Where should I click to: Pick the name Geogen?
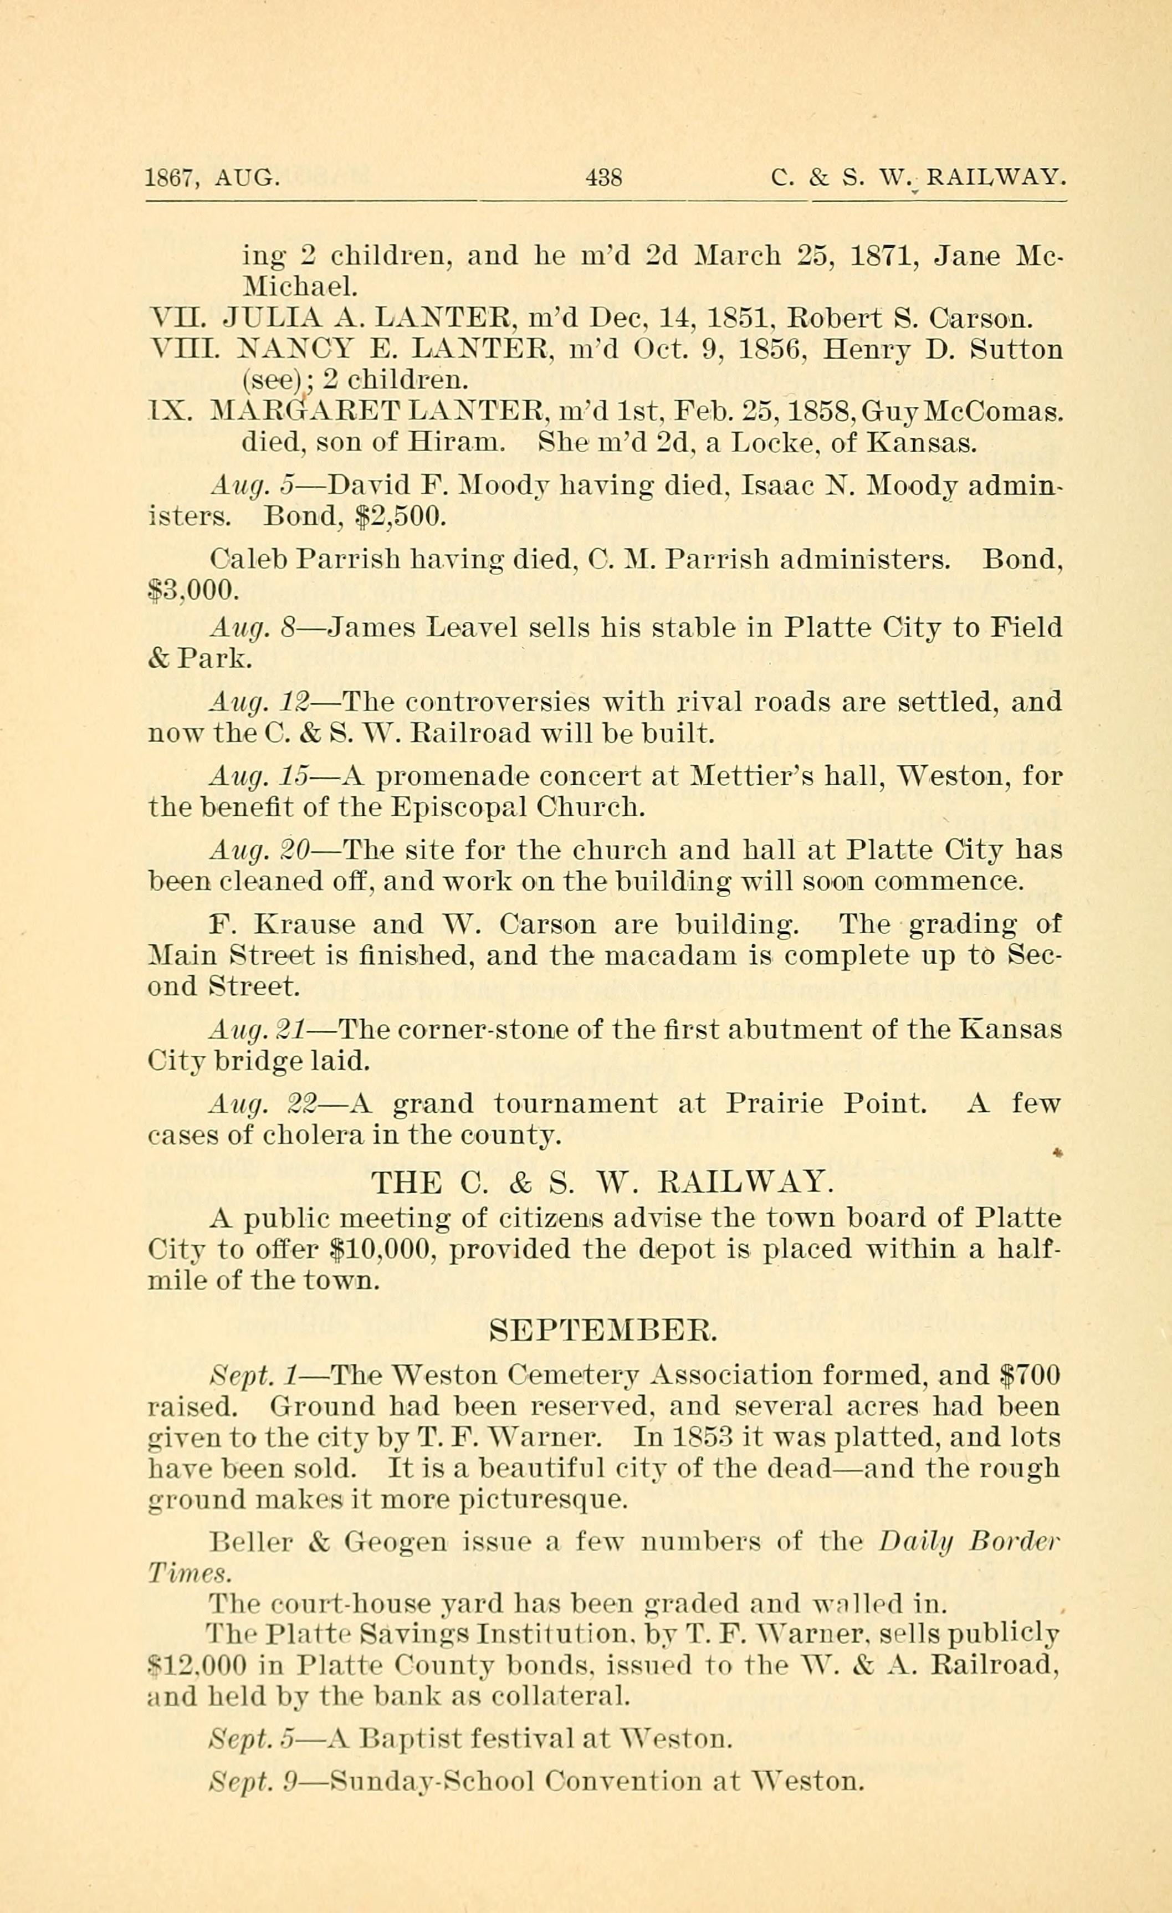tap(395, 1542)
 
